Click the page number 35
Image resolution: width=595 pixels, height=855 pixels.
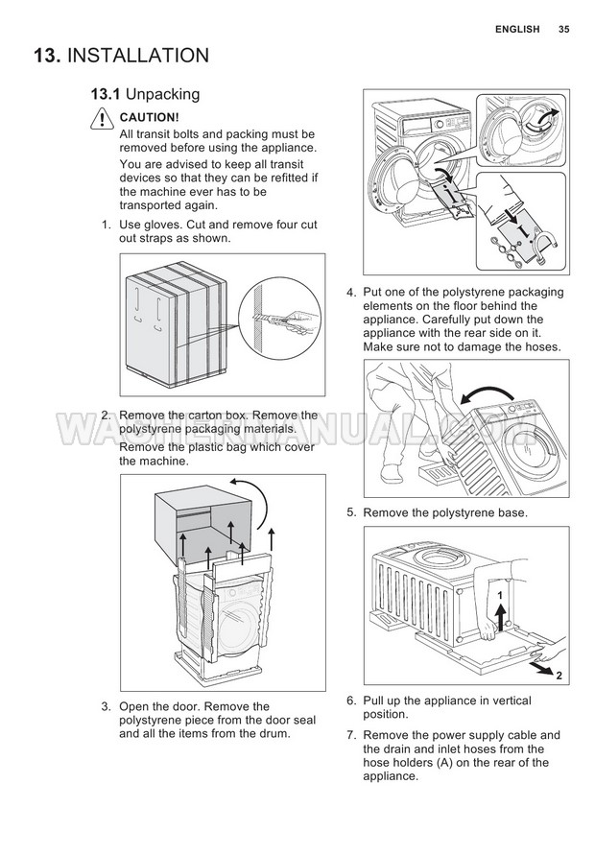(563, 29)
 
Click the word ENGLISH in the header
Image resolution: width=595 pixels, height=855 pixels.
(517, 29)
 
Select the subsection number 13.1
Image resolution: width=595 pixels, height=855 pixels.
(105, 94)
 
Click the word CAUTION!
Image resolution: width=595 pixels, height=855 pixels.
(150, 117)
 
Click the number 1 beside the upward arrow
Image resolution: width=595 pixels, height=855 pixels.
(499, 596)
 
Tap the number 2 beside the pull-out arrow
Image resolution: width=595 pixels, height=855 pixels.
(558, 677)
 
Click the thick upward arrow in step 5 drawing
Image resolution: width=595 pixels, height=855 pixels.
(500, 613)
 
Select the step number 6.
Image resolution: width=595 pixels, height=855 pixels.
(351, 701)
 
